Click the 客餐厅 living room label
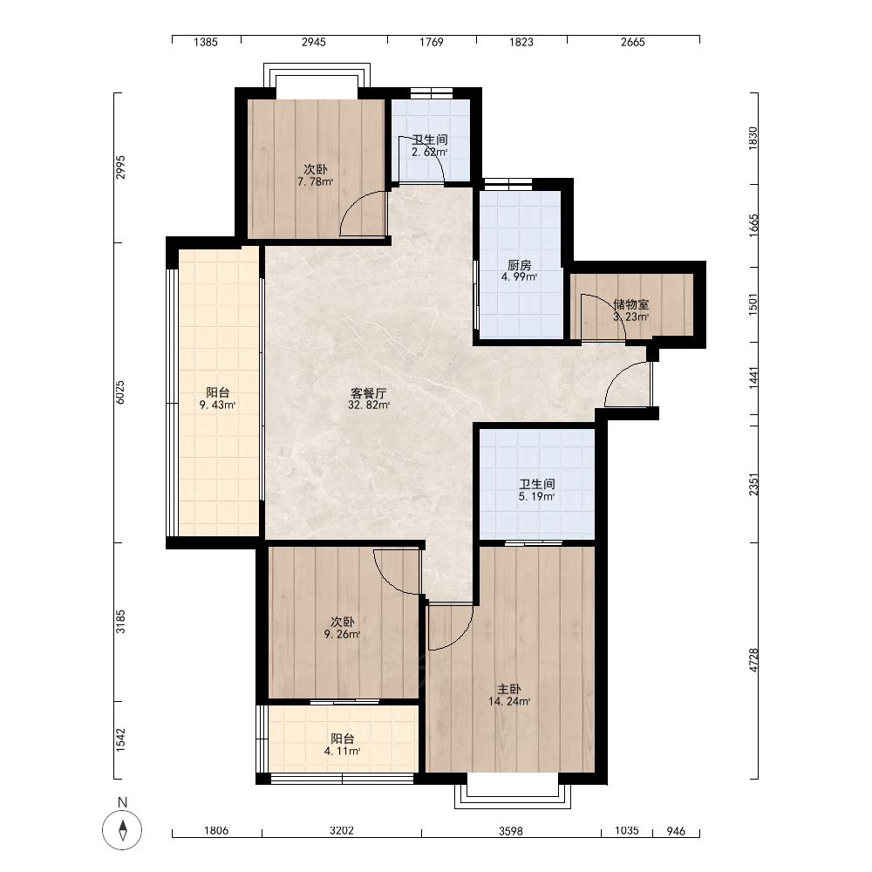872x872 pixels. click(x=369, y=393)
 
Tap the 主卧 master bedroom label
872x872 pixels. click(x=509, y=690)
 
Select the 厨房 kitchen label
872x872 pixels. click(x=520, y=265)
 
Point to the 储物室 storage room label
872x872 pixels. click(x=631, y=304)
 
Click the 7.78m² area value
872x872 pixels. click(x=316, y=182)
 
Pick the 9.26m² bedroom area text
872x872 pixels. click(x=342, y=634)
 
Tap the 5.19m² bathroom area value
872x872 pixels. click(x=536, y=497)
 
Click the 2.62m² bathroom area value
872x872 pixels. click(x=430, y=152)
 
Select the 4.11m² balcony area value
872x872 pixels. click(x=342, y=752)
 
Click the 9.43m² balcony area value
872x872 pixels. click(x=217, y=405)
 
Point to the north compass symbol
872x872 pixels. click(x=122, y=830)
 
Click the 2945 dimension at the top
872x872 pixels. click(x=314, y=42)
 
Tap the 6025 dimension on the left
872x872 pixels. click(x=120, y=392)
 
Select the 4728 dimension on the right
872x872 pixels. click(x=753, y=660)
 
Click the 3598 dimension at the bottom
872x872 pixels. click(x=510, y=831)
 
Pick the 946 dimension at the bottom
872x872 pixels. click(x=676, y=831)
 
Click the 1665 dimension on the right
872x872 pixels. click(x=753, y=226)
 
